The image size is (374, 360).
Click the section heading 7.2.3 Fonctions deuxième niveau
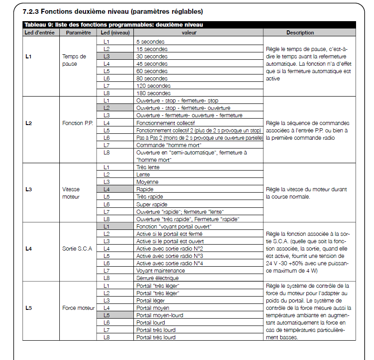pos(113,11)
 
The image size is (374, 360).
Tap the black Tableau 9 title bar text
pos(113,24)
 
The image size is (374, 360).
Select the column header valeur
pos(189,33)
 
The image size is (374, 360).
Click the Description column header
pos(300,33)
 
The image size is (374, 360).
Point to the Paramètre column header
pos(78,33)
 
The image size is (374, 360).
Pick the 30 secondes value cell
pos(152,57)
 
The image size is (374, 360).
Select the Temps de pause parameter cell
pos(74,60)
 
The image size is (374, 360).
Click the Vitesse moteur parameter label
pos(71,193)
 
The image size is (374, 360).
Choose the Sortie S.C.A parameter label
pos(77,249)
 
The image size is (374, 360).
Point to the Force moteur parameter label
pos(79,308)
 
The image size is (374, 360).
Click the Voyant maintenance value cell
pos(161,271)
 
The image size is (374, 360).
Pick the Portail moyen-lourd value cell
pos(160,315)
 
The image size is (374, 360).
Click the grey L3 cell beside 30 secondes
pos(106,57)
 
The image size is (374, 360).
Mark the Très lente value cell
pos(148,167)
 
